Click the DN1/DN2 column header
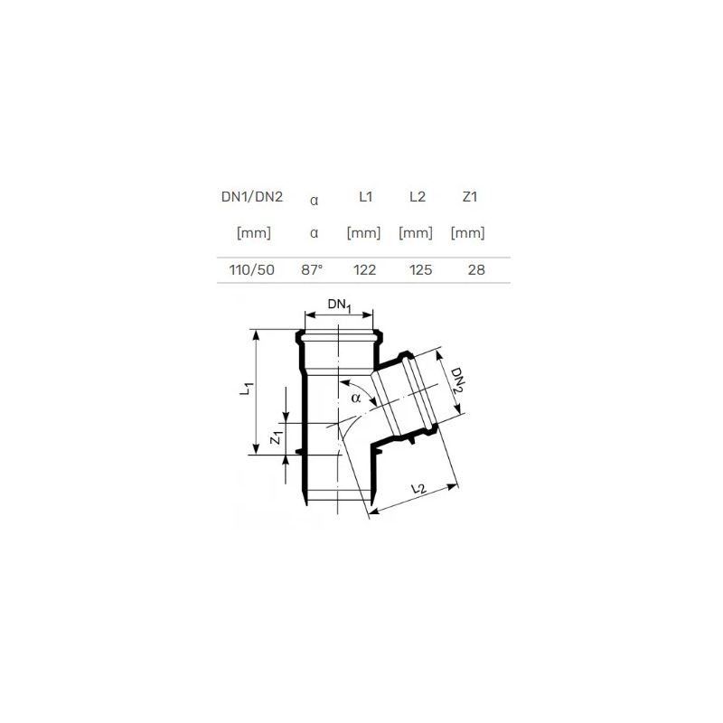click(x=252, y=197)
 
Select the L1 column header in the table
click(x=366, y=197)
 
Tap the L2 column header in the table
click(x=418, y=197)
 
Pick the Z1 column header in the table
click(x=469, y=197)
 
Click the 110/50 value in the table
click(x=252, y=269)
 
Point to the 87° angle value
click(x=312, y=269)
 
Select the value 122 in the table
click(x=365, y=269)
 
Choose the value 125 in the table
click(x=420, y=269)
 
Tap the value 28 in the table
click(x=476, y=269)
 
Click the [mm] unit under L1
click(x=364, y=233)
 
